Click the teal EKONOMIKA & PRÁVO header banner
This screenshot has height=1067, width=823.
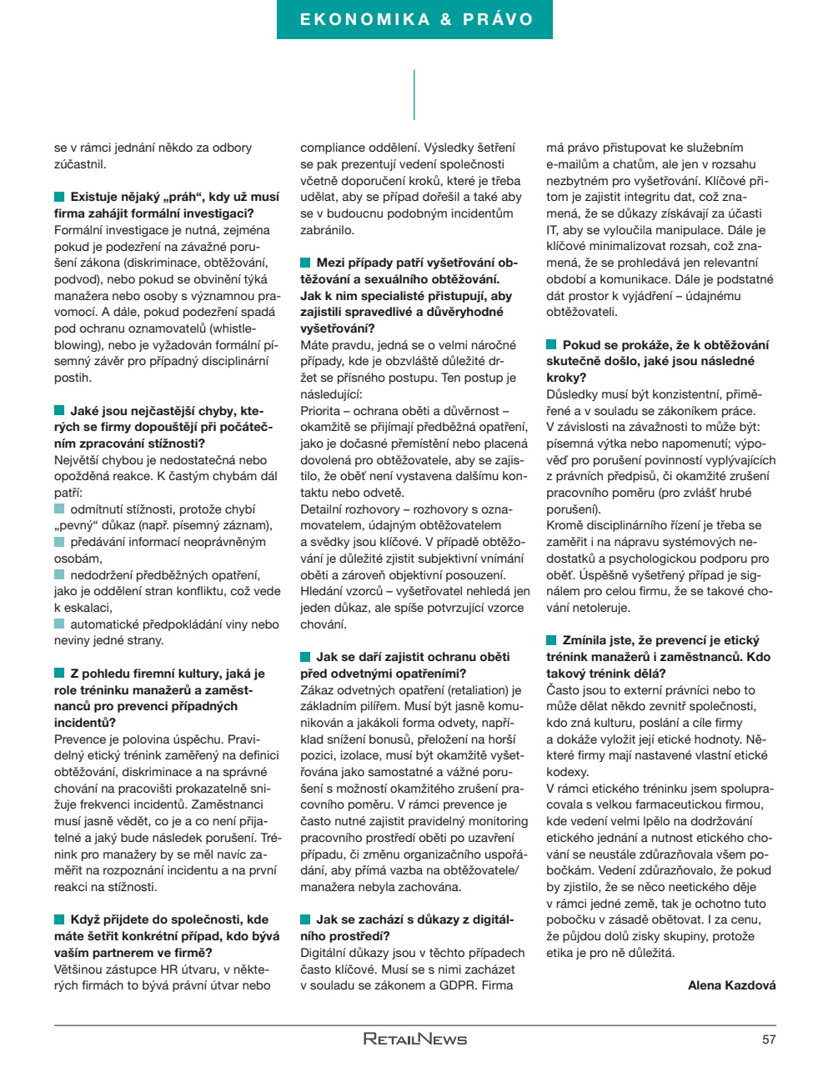[x=414, y=19]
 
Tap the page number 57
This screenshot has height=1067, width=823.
[x=768, y=1039]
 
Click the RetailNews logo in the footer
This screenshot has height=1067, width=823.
[x=414, y=1039]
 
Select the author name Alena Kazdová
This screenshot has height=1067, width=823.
[x=731, y=985]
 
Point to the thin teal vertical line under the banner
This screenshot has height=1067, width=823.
[x=414, y=94]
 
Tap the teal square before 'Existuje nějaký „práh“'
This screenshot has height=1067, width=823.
[x=59, y=198]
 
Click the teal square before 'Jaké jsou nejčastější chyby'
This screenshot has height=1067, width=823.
[x=59, y=411]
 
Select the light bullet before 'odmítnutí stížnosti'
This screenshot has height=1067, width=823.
[x=59, y=509]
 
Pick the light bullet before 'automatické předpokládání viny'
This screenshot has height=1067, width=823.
[x=59, y=624]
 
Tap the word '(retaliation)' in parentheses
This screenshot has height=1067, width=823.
[x=479, y=690]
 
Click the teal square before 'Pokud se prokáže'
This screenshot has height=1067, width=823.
[x=551, y=345]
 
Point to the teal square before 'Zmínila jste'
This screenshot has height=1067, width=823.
[x=551, y=641]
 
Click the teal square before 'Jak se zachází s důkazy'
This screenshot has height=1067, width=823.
[x=305, y=920]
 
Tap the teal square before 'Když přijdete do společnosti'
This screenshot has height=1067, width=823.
[x=59, y=920]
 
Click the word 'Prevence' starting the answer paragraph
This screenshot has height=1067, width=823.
[x=78, y=739]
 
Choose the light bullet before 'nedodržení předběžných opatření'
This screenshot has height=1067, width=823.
[x=59, y=575]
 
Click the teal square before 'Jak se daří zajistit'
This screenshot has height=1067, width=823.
[x=305, y=658]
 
